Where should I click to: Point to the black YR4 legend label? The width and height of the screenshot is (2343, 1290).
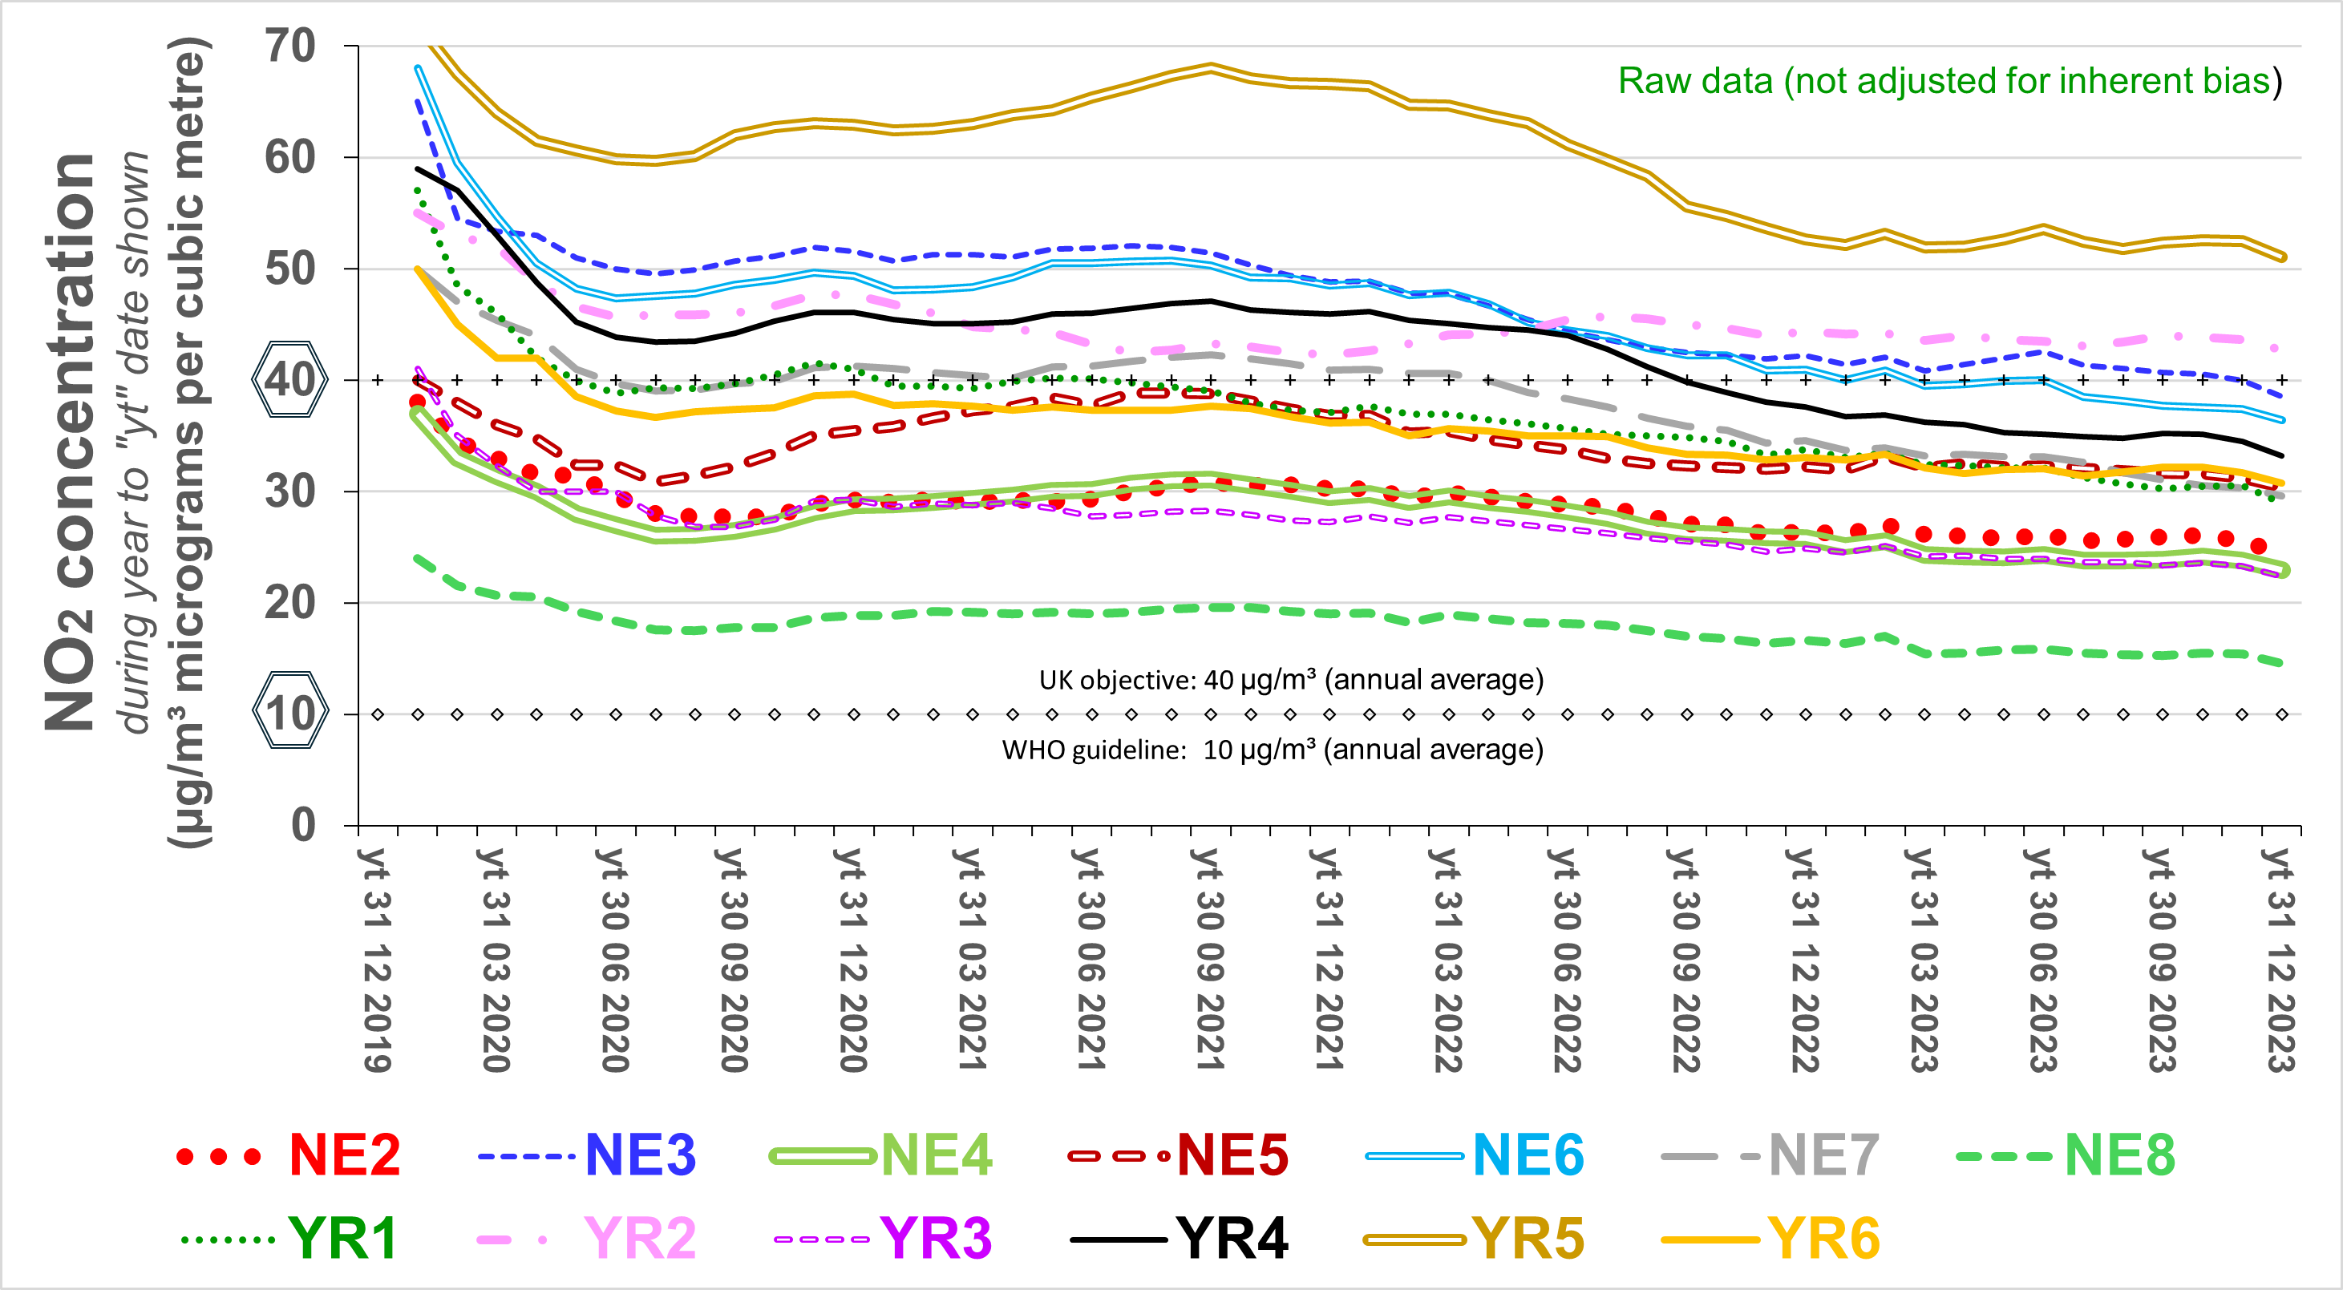[x=1232, y=1238]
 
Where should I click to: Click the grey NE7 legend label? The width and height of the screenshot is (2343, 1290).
[x=1823, y=1155]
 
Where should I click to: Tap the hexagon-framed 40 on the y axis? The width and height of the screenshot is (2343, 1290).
[x=290, y=379]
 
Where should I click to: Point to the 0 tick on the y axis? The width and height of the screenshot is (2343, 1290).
[x=304, y=824]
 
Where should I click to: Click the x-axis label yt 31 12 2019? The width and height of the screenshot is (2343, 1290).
[x=374, y=960]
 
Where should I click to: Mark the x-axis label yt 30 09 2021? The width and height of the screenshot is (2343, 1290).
[x=1207, y=960]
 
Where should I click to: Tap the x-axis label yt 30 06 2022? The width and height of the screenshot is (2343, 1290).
[x=1564, y=960]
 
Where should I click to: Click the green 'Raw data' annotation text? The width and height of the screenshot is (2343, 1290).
[x=1949, y=81]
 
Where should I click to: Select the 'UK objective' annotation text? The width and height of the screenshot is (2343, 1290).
[x=1291, y=680]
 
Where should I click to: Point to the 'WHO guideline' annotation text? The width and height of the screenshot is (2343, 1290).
[x=1273, y=750]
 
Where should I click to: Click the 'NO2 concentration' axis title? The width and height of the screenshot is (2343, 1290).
[x=71, y=441]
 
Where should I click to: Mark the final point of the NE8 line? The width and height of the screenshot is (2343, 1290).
[x=2280, y=663]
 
